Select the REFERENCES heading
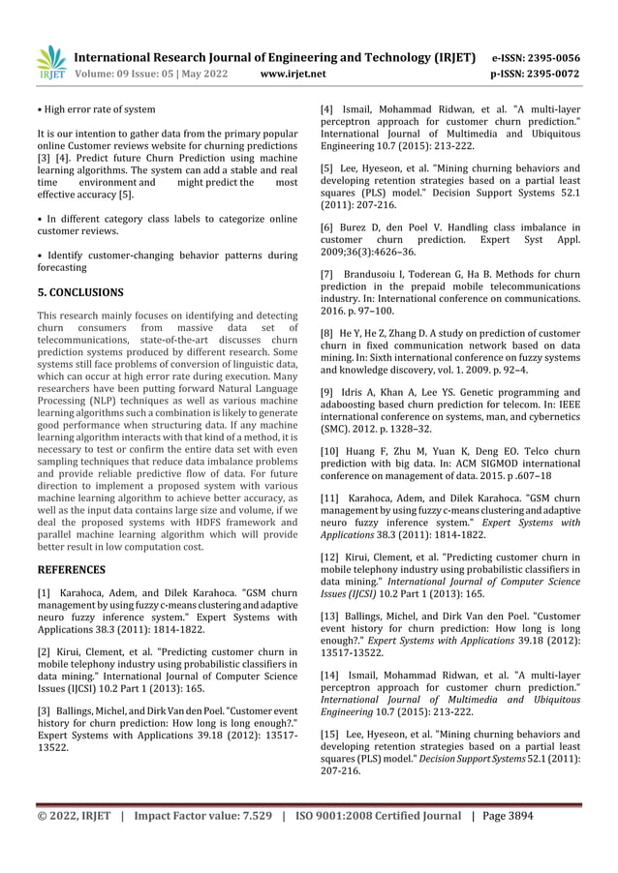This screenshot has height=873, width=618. (71, 570)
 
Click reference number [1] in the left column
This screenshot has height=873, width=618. (45, 591)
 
